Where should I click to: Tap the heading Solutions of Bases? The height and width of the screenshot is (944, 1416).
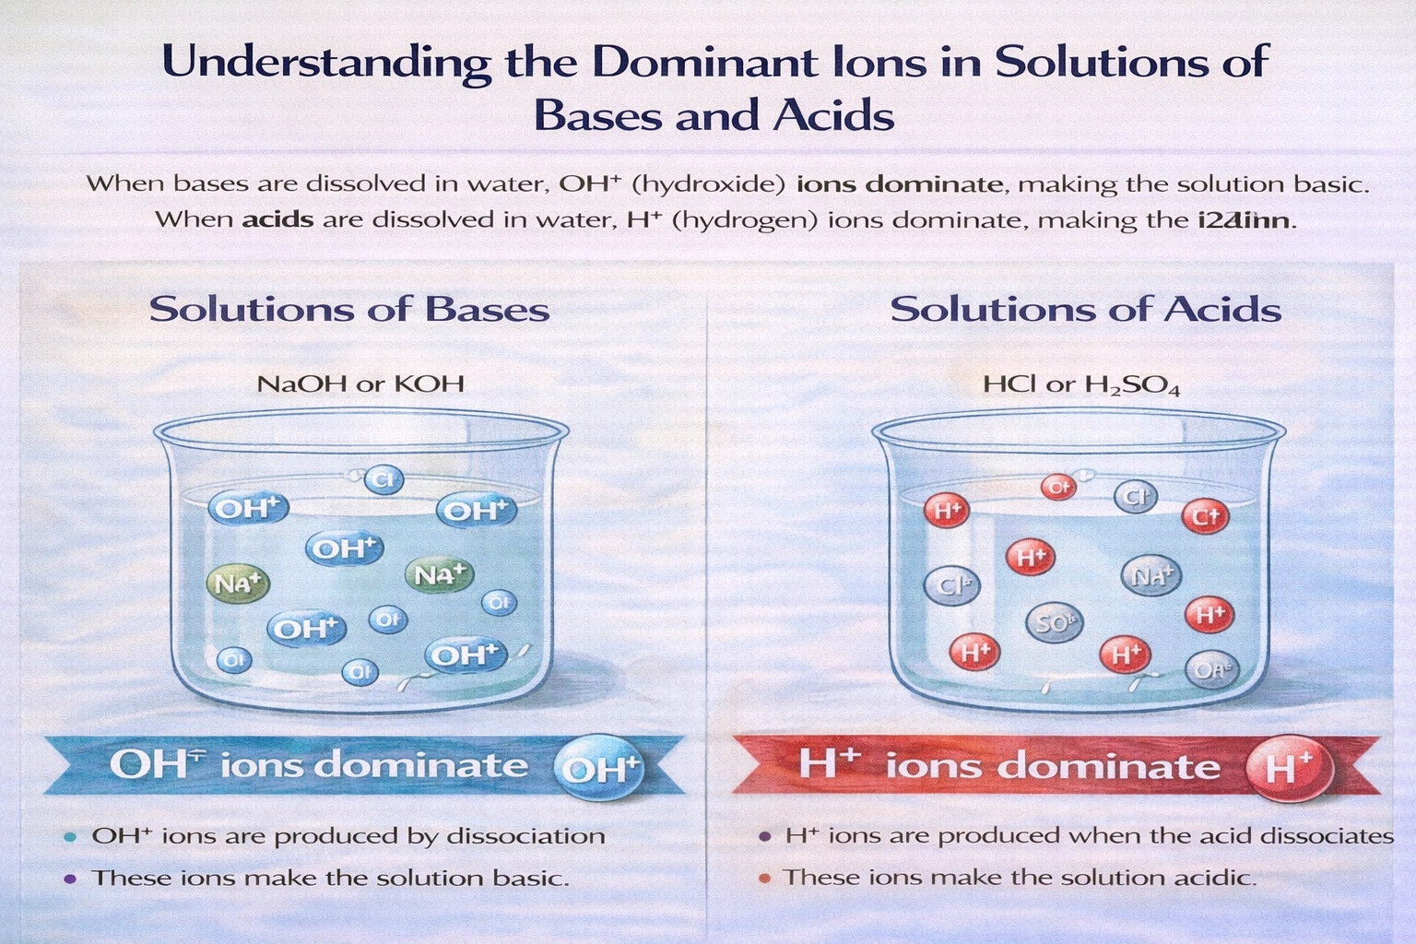point(349,309)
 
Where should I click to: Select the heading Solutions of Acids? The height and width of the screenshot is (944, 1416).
point(1085,309)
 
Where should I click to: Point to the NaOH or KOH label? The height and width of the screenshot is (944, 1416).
point(360,383)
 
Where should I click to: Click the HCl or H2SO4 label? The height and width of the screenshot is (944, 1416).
point(1080,384)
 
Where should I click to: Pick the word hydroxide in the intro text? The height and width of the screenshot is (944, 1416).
point(709,183)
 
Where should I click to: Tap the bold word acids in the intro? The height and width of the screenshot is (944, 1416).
point(277,220)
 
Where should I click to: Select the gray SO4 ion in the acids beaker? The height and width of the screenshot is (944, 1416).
point(1054,624)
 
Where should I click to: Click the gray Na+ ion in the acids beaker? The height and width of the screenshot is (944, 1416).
point(1150,576)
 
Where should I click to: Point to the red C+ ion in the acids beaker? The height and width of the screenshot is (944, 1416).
point(1206,515)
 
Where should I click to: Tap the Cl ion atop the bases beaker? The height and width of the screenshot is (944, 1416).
point(383,479)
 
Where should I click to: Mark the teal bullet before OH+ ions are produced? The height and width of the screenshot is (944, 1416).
point(70,837)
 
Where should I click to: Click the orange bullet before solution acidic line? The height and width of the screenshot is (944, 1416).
point(764,878)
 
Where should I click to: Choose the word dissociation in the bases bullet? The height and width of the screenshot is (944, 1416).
point(525,836)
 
